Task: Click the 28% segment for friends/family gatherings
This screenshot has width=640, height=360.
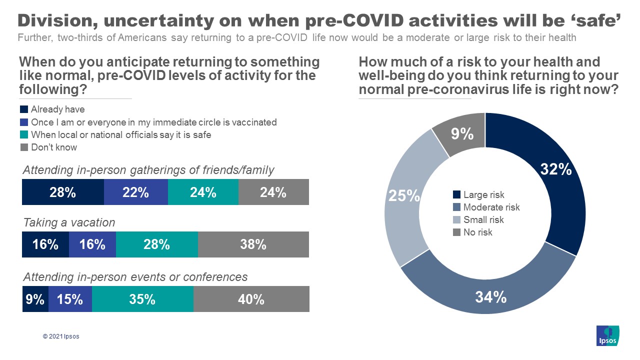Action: [x=62, y=192]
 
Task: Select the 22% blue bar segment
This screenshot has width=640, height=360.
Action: [x=135, y=192]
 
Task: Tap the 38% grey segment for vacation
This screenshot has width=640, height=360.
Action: [x=253, y=244]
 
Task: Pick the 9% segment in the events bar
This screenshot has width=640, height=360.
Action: [x=35, y=299]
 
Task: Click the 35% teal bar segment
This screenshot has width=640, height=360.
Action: [x=142, y=299]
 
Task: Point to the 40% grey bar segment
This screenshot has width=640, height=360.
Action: [x=251, y=299]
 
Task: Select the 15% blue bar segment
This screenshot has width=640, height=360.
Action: [x=70, y=299]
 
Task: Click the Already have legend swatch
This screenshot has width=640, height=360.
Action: [x=24, y=109]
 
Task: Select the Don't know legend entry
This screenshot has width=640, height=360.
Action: [x=53, y=147]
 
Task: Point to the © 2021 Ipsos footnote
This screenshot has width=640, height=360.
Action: [x=61, y=336]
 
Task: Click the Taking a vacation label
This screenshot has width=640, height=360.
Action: [x=69, y=222]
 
